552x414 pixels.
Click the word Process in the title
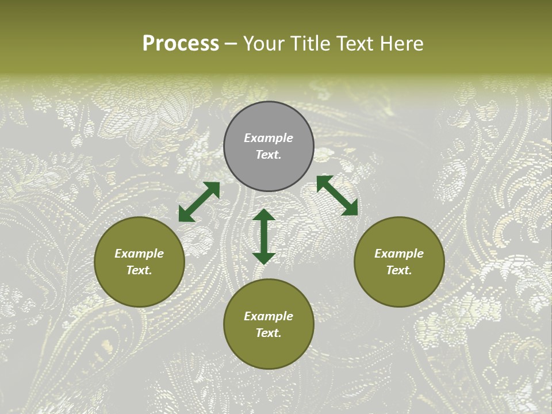pos(181,44)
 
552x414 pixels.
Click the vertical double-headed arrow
pos(264,236)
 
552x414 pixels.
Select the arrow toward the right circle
pos(337,195)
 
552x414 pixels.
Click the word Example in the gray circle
pos(269,138)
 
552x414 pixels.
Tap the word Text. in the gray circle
pos(269,155)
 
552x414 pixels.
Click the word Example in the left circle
pos(139,254)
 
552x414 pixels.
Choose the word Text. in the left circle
pos(139,270)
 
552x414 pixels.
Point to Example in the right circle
pos(399,254)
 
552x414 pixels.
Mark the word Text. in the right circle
pos(399,270)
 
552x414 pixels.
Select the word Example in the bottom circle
pos(269,316)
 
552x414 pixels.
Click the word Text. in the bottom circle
pos(269,333)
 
